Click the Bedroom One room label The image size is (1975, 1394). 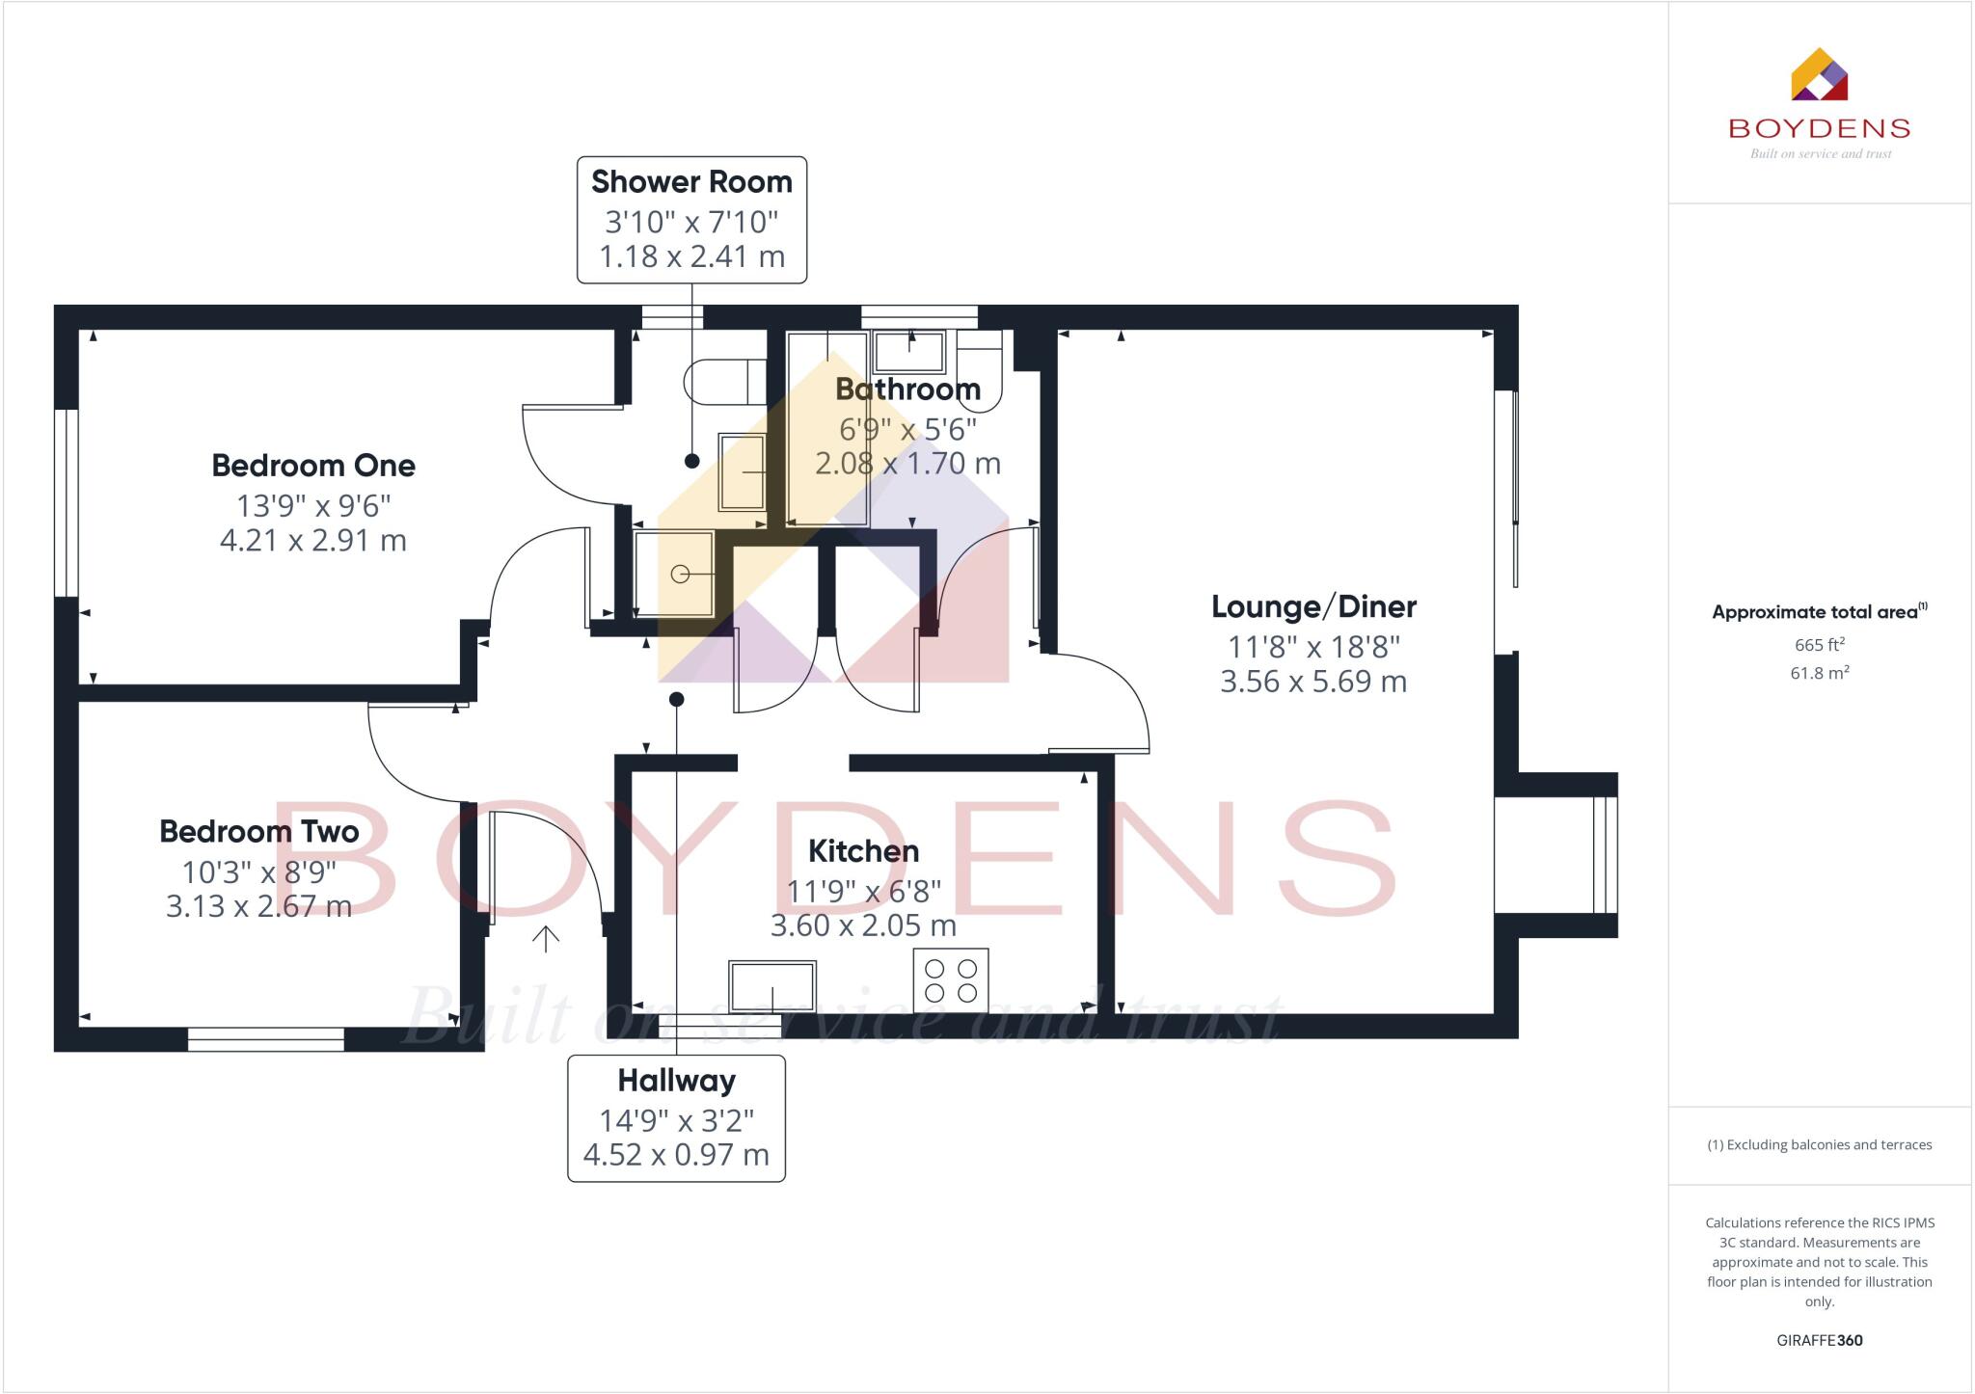[313, 466]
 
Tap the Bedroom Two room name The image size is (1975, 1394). [258, 831]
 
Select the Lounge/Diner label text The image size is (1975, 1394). [1313, 606]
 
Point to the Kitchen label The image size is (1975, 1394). [863, 851]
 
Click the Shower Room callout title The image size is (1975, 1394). [691, 182]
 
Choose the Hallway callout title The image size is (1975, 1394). [676, 1081]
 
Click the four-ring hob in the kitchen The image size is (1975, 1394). [951, 980]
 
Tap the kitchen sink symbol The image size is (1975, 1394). [772, 986]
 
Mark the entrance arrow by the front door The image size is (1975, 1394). [546, 938]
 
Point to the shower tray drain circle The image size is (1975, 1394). [680, 575]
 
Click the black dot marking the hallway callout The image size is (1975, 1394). [677, 699]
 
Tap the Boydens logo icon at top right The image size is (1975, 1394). [1819, 75]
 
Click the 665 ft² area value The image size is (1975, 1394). [1819, 644]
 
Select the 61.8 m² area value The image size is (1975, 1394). [1819, 673]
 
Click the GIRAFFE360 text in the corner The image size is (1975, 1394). [1819, 1340]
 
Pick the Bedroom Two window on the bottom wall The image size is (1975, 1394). [266, 1039]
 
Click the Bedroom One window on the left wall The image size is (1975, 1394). [66, 503]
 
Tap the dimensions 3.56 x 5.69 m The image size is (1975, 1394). [1313, 682]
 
